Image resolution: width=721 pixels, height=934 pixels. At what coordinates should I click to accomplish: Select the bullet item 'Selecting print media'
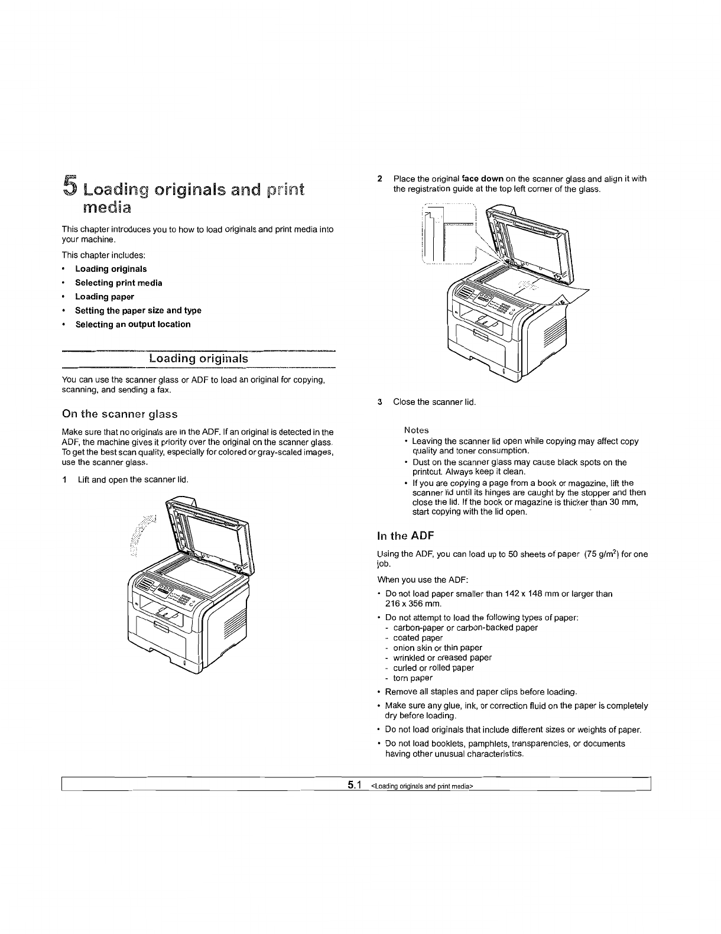118,283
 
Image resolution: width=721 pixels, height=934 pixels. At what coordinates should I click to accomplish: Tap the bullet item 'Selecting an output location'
132,325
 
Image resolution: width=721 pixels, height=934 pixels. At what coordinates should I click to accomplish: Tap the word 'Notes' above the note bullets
416,430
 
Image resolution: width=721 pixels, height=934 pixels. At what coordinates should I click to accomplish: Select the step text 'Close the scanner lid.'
434,403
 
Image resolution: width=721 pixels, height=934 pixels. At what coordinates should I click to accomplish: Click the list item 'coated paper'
418,638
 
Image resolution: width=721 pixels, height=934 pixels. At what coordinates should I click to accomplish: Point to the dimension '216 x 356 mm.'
413,604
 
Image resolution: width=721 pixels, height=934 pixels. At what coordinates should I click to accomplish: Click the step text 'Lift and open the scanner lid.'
133,479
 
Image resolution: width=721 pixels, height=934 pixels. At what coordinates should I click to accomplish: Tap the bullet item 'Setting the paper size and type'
138,311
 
